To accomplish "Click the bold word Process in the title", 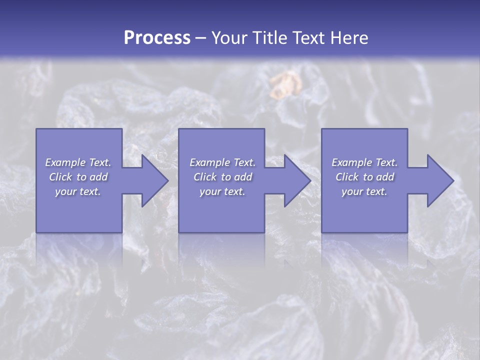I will pyautogui.click(x=157, y=37).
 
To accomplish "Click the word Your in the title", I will pyautogui.click(x=228, y=37).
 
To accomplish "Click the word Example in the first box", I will pyautogui.click(x=65, y=162).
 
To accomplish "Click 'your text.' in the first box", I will pyautogui.click(x=78, y=191).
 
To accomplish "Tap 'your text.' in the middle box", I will pyautogui.click(x=222, y=191).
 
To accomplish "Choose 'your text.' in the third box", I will pyautogui.click(x=364, y=191).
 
